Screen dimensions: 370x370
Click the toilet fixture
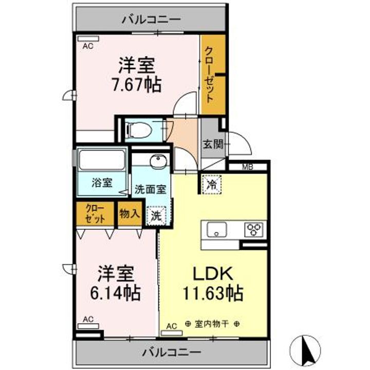[x=139, y=129]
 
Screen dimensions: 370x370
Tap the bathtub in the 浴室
[x=102, y=160]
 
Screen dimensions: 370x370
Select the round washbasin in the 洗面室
[x=158, y=161]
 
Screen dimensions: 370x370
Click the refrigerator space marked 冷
[x=212, y=184]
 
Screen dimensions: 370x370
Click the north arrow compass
[x=305, y=350]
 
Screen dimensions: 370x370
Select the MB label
[x=248, y=167]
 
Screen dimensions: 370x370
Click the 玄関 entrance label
[x=213, y=144]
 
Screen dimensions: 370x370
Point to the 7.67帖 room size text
[x=137, y=85]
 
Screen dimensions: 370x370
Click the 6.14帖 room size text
[x=116, y=293]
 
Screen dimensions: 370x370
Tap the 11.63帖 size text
[x=213, y=293]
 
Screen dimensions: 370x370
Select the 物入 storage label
[x=129, y=214]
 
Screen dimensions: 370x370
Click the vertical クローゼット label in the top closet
[x=210, y=75]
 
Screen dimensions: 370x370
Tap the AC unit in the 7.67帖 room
[x=88, y=39]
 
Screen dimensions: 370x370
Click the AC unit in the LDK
[x=172, y=332]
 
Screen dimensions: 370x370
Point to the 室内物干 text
[x=212, y=324]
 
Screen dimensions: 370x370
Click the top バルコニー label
[x=151, y=20]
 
